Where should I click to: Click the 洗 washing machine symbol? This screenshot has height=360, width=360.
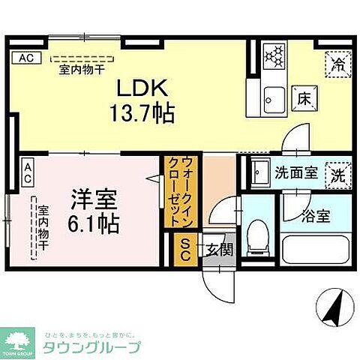pyautogui.click(x=337, y=173)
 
